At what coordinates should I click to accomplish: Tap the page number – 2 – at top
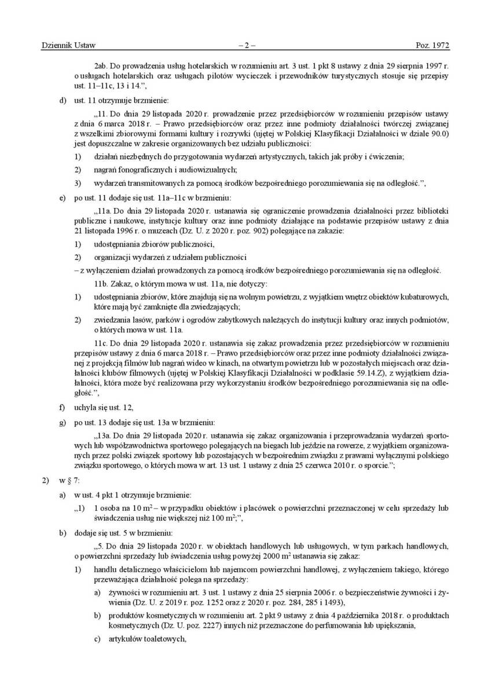point(246,45)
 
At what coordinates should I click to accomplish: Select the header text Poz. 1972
point(433,45)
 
